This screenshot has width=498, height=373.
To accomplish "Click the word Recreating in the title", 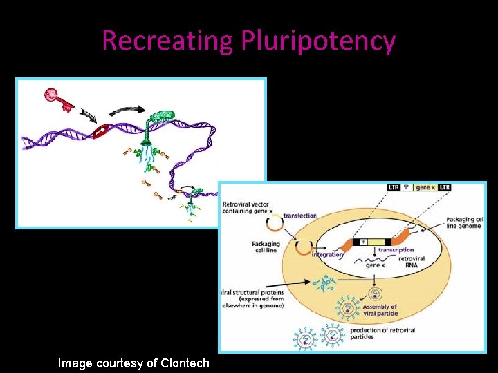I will point(168,41).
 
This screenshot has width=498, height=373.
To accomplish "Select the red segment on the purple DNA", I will point(104,131).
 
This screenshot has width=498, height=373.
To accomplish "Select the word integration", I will point(327,254).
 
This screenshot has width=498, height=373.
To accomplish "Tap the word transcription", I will point(396,250).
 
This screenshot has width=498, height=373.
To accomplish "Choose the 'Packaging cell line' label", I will point(266,247).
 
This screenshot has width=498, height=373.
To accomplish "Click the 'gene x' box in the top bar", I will point(425,187).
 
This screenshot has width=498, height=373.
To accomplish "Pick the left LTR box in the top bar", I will point(394,187).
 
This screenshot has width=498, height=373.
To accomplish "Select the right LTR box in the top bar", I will point(444,187).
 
